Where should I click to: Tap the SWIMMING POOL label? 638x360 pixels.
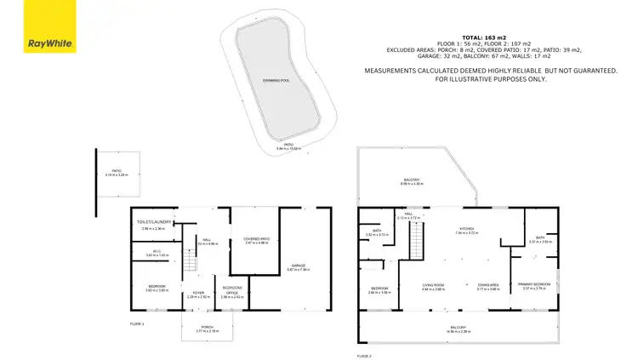[275, 79]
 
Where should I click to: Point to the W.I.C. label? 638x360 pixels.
[157, 250]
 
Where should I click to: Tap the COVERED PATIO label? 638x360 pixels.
[256, 238]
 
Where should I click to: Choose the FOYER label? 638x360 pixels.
[197, 293]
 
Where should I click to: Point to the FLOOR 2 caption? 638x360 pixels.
[365, 354]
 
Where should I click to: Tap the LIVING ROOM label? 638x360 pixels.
[435, 285]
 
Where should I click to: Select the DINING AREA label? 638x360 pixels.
[488, 285]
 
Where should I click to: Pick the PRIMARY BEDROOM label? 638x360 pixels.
[535, 283]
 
